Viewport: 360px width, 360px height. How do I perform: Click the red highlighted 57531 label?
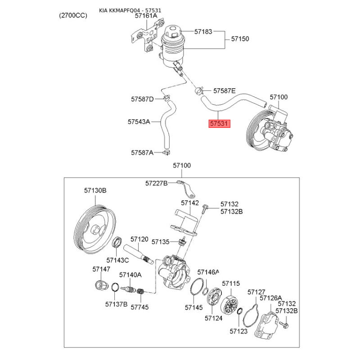(219, 123)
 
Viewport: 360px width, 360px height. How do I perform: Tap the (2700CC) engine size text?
(73, 15)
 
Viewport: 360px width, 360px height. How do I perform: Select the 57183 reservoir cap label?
(203, 31)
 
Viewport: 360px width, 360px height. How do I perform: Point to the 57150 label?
(240, 39)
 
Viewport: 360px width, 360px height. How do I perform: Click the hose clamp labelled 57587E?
(199, 91)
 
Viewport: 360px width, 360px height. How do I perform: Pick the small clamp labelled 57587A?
(166, 152)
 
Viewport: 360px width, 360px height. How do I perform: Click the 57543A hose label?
(139, 121)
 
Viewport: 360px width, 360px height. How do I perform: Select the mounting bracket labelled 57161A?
(147, 36)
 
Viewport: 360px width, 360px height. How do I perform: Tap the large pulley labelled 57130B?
(95, 229)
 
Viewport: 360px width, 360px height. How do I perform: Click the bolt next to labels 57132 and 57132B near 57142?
(204, 208)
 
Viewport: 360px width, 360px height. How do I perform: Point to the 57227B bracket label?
(156, 183)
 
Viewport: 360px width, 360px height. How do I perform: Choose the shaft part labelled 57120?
(139, 254)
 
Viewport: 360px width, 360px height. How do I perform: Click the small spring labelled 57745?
(140, 292)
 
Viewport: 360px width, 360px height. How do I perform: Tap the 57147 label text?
(101, 269)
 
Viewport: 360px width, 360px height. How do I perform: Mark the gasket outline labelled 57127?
(251, 314)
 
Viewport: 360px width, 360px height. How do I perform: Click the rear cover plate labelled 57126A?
(266, 324)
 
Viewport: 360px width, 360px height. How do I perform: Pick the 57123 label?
(238, 331)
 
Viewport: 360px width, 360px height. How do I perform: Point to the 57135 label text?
(161, 242)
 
